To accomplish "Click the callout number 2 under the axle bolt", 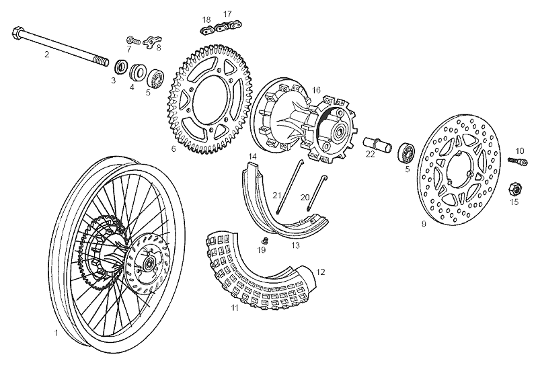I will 46,54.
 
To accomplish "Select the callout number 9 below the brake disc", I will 423,224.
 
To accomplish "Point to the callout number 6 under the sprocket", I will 173,149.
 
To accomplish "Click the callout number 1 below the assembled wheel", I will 56,332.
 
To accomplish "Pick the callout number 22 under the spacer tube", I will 370,154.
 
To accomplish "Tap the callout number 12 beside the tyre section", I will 320,272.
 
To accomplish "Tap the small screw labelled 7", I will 132,41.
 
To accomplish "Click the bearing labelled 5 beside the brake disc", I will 408,151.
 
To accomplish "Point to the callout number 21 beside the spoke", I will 276,195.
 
